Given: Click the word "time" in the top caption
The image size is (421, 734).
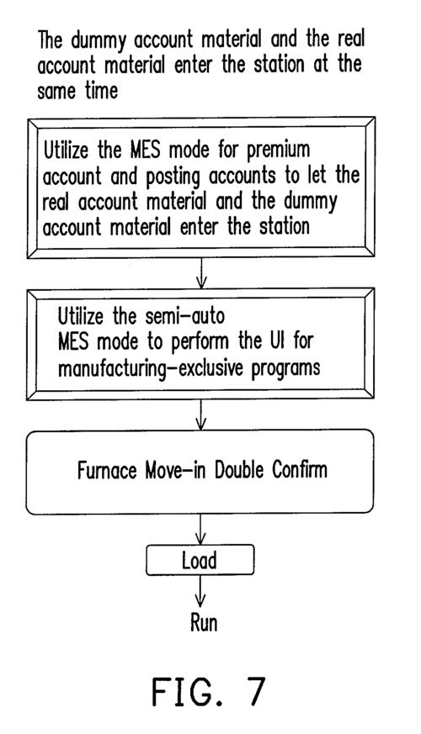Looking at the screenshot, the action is click(x=101, y=90).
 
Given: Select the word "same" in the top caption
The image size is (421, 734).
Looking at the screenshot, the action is click(x=56, y=91).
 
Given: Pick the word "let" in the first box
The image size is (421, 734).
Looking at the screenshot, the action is click(x=317, y=176).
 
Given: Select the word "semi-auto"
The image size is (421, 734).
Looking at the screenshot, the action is click(x=184, y=316).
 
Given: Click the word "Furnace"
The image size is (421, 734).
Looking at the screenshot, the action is click(x=108, y=470).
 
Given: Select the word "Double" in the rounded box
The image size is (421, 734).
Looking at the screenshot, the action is click(x=239, y=470).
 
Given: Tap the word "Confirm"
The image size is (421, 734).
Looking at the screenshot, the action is click(x=300, y=470).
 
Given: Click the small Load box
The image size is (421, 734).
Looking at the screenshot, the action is click(x=200, y=560).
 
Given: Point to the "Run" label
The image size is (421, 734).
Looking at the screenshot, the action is click(x=204, y=623).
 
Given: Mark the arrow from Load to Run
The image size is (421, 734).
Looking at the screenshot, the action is click(x=200, y=591).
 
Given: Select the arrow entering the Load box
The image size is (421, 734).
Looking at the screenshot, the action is click(x=200, y=530).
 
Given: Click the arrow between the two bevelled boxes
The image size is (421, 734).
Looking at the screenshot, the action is click(x=201, y=273).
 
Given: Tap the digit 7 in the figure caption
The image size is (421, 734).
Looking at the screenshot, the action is click(x=257, y=691).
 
